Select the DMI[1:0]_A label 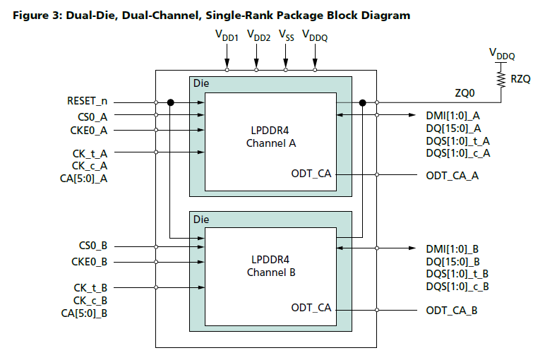(x=453, y=115)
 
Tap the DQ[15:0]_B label (x=453, y=261)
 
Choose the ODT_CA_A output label (x=452, y=175)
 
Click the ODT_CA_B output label (x=452, y=310)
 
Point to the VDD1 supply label (x=227, y=36)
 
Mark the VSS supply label (x=285, y=35)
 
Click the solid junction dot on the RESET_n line (x=171, y=102)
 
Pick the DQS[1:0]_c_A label (x=458, y=153)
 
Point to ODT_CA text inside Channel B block (x=311, y=308)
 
